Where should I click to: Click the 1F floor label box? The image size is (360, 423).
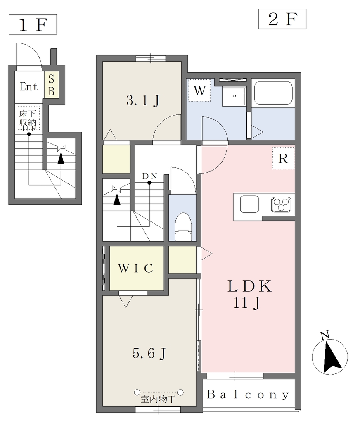tap(33, 24)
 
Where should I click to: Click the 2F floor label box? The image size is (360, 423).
tap(282, 19)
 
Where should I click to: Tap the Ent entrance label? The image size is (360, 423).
tap(28, 87)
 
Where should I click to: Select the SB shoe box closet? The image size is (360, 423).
tap(51, 85)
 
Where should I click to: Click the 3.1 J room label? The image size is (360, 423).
tap(143, 101)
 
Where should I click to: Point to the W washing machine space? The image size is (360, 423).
tap(199, 90)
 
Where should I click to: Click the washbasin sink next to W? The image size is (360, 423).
tap(234, 96)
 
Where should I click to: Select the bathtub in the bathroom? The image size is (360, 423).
tap(273, 93)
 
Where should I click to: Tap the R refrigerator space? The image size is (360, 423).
tap(283, 158)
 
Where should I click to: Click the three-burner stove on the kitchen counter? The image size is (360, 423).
tap(281, 204)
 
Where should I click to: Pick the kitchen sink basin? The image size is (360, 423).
tap(249, 204)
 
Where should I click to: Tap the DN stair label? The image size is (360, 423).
tap(150, 176)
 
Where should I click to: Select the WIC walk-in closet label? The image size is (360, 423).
tap(136, 268)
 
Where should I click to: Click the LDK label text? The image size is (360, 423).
tap(249, 287)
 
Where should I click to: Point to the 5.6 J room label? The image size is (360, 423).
tap(149, 353)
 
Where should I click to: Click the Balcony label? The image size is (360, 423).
tap(248, 394)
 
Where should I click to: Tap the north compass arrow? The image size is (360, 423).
tap(332, 357)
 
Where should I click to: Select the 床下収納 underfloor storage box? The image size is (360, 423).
tap(28, 118)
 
